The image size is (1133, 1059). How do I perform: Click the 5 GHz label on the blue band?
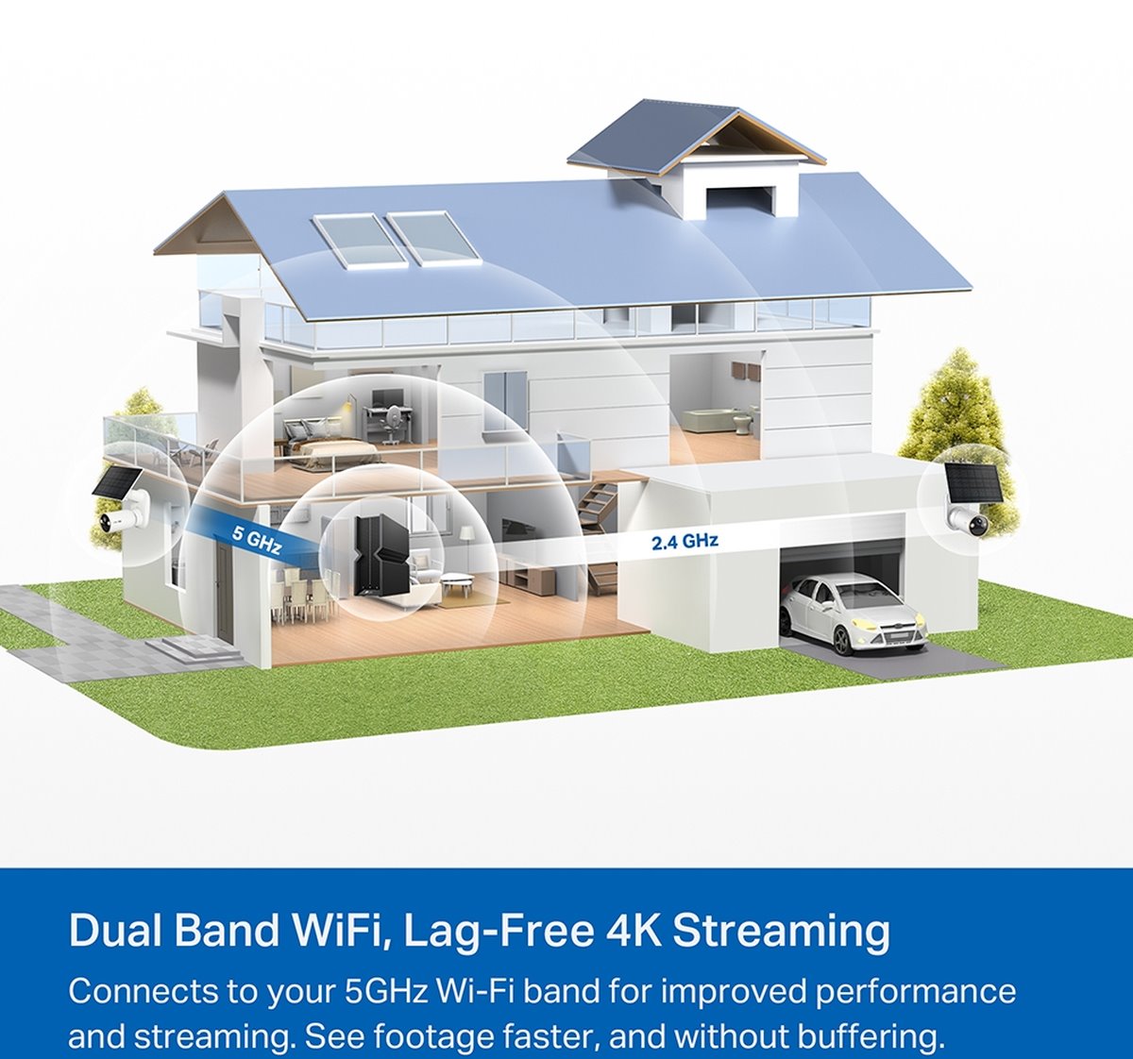pyautogui.click(x=257, y=540)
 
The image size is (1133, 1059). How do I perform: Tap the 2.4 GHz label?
pyautogui.click(x=685, y=541)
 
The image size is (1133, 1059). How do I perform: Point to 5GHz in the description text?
pyautogui.click(x=386, y=991)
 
